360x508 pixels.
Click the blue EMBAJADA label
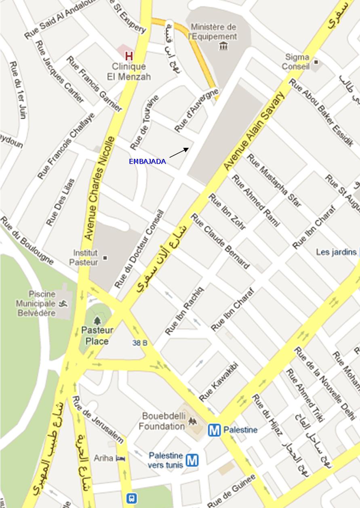pos(147,162)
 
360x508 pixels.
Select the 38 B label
pos(139,343)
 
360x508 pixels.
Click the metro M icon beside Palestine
pos(214,430)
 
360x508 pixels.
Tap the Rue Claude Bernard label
pos(220,241)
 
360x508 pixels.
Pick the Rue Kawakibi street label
pos(219,382)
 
